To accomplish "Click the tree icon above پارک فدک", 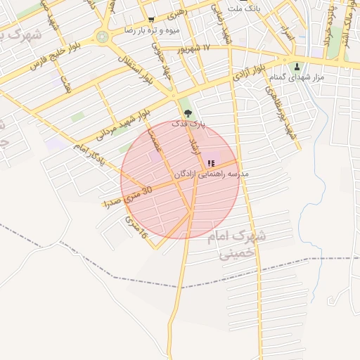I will pyautogui.click(x=186, y=112).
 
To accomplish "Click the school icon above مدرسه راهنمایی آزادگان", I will pyautogui.click(x=211, y=163).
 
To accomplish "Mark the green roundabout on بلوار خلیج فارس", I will pyautogui.click(x=103, y=37).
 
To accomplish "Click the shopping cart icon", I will pyautogui.click(x=151, y=20).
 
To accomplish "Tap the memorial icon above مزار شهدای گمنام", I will pyautogui.click(x=297, y=67).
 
